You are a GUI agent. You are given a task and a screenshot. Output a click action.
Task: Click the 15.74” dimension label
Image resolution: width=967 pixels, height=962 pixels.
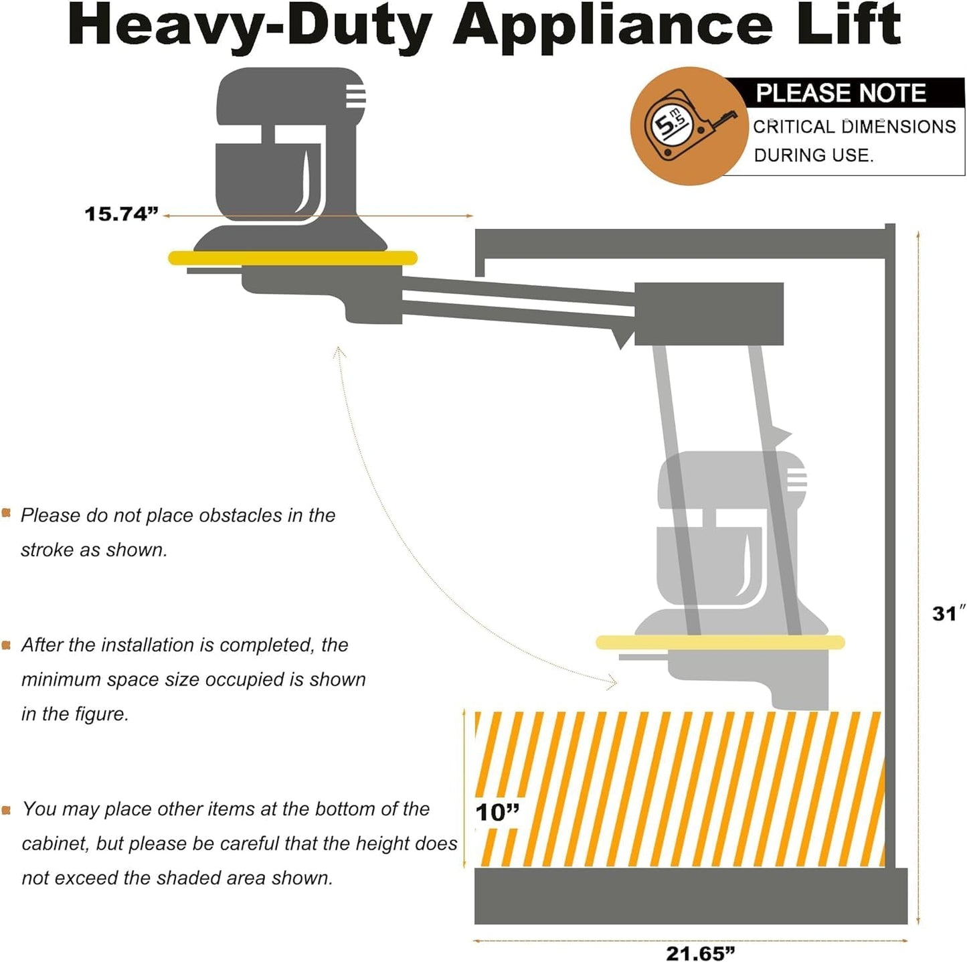pos(121,214)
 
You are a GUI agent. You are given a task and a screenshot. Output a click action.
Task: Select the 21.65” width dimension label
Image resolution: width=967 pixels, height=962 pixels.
pos(700,953)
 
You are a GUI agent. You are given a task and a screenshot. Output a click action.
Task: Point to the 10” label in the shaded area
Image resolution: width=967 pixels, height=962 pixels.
pos(497,813)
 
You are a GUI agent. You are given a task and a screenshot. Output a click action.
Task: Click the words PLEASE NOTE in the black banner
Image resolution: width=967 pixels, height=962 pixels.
pos(841,93)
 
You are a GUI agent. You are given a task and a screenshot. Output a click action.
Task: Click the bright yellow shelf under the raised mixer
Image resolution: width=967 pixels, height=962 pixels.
pos(292,258)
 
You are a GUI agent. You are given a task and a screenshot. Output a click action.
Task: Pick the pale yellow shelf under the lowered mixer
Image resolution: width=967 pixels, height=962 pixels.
pos(720,643)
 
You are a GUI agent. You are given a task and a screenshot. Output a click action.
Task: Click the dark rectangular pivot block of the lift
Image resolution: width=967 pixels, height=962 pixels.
pos(709,314)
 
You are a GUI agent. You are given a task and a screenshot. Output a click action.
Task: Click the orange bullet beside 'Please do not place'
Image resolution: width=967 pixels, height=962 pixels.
pos(7,513)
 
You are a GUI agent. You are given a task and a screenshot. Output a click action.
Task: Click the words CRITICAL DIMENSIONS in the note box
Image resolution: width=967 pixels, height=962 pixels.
pos(854,127)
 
